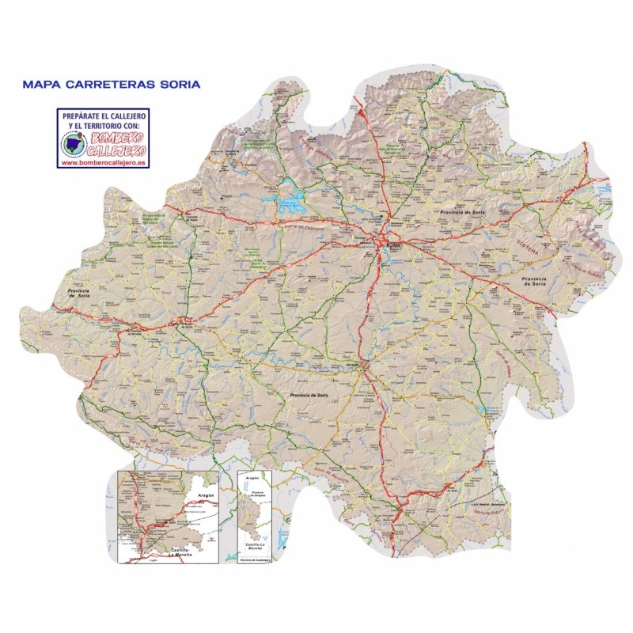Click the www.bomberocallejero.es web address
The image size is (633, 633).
[x=103, y=161]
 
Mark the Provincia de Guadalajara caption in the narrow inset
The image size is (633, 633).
[x=254, y=561]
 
